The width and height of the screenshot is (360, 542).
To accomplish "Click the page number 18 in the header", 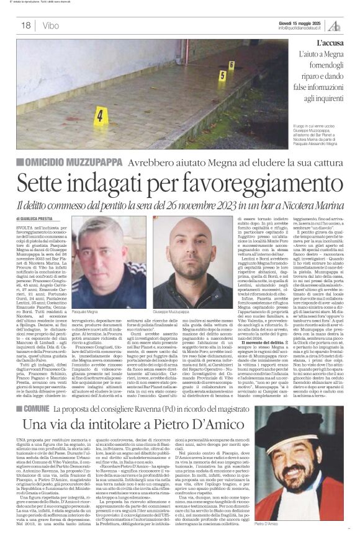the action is pos(26,25).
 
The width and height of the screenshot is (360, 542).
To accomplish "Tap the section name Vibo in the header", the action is pos(51,25).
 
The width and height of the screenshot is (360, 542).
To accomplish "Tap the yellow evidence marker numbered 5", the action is pos(222,76).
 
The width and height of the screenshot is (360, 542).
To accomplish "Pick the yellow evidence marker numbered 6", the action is pos(231,64).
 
